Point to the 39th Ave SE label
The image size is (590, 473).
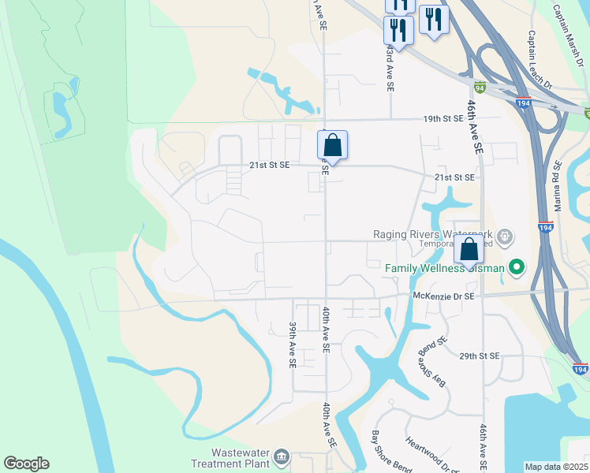pyautogui.click(x=292, y=345)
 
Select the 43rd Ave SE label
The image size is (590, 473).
pyautogui.click(x=390, y=68)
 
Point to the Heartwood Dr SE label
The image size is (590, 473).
pyautogui.click(x=427, y=454)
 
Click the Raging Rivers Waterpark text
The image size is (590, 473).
pyautogui.click(x=435, y=234)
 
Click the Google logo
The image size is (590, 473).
pyautogui.click(x=26, y=464)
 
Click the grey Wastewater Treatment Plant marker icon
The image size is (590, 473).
pyautogui.click(x=282, y=456)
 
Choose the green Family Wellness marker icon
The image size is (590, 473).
pyautogui.click(x=517, y=268)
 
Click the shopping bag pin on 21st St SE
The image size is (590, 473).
pyautogui.click(x=333, y=146)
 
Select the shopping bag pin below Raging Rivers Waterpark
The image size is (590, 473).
pyautogui.click(x=469, y=250)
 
